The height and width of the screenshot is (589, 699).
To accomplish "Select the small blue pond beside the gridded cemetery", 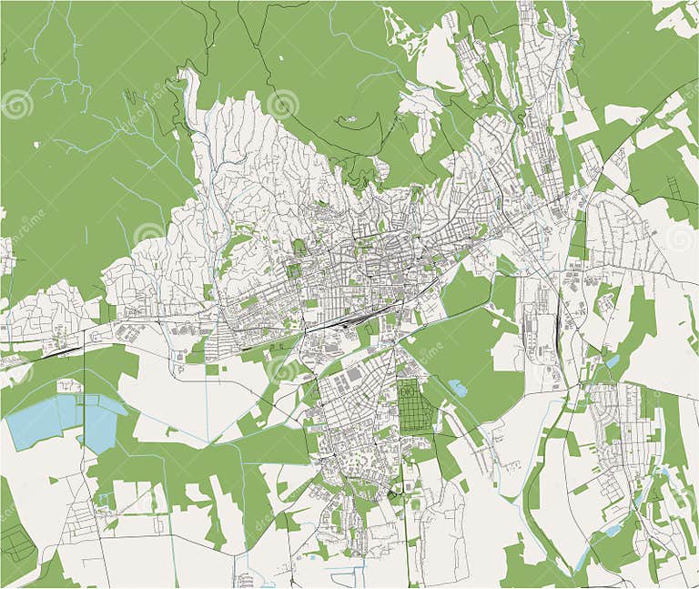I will pos(458,389).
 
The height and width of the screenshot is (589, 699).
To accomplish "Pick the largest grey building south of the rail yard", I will pos(354,374).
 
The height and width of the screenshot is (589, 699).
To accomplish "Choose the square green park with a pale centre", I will pos(294,270).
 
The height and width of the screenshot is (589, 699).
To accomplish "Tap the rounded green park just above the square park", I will pos(299,247).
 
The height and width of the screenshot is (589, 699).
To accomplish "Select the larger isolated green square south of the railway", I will pos(213,370).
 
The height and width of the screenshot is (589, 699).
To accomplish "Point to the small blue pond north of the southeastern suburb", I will pos(612,362).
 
